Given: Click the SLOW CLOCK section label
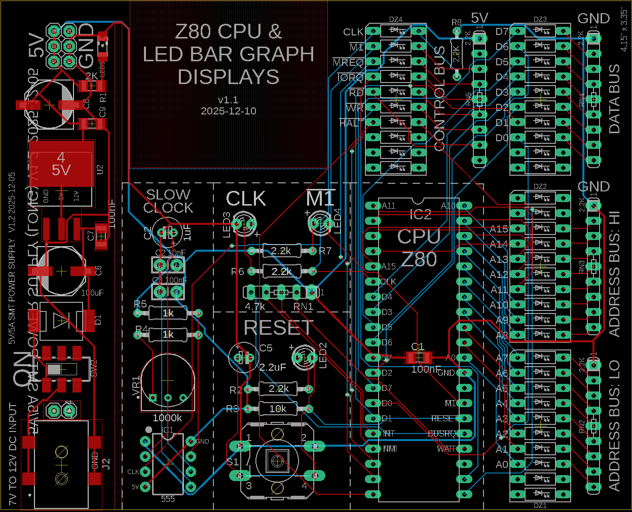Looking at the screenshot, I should pyautogui.click(x=168, y=201).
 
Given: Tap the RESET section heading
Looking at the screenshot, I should pyautogui.click(x=278, y=328).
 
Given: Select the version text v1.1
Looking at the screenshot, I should pyautogui.click(x=228, y=100).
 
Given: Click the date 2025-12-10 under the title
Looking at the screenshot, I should pyautogui.click(x=228, y=111).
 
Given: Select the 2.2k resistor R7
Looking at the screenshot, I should pyautogui.click(x=281, y=251).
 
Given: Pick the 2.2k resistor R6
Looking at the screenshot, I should pyautogui.click(x=281, y=271).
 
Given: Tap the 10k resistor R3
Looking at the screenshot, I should pyautogui.click(x=278, y=409).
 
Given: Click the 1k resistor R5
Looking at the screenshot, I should pyautogui.click(x=168, y=313).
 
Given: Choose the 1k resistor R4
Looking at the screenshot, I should pyautogui.click(x=168, y=334).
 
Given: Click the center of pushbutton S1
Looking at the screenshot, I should pyautogui.click(x=277, y=460).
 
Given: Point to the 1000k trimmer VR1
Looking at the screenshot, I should pyautogui.click(x=167, y=380).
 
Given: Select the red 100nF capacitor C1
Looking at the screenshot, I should pyautogui.click(x=418, y=358).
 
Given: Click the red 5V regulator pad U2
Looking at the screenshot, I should pyautogui.click(x=61, y=164).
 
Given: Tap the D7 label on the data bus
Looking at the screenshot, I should pyautogui.click(x=502, y=31).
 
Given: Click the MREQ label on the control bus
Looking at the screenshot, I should pyautogui.click(x=348, y=63).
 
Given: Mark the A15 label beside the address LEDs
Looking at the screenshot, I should pyautogui.click(x=499, y=229).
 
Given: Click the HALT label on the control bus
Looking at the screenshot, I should pyautogui.click(x=351, y=123).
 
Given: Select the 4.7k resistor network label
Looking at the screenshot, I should pyautogui.click(x=255, y=307).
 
